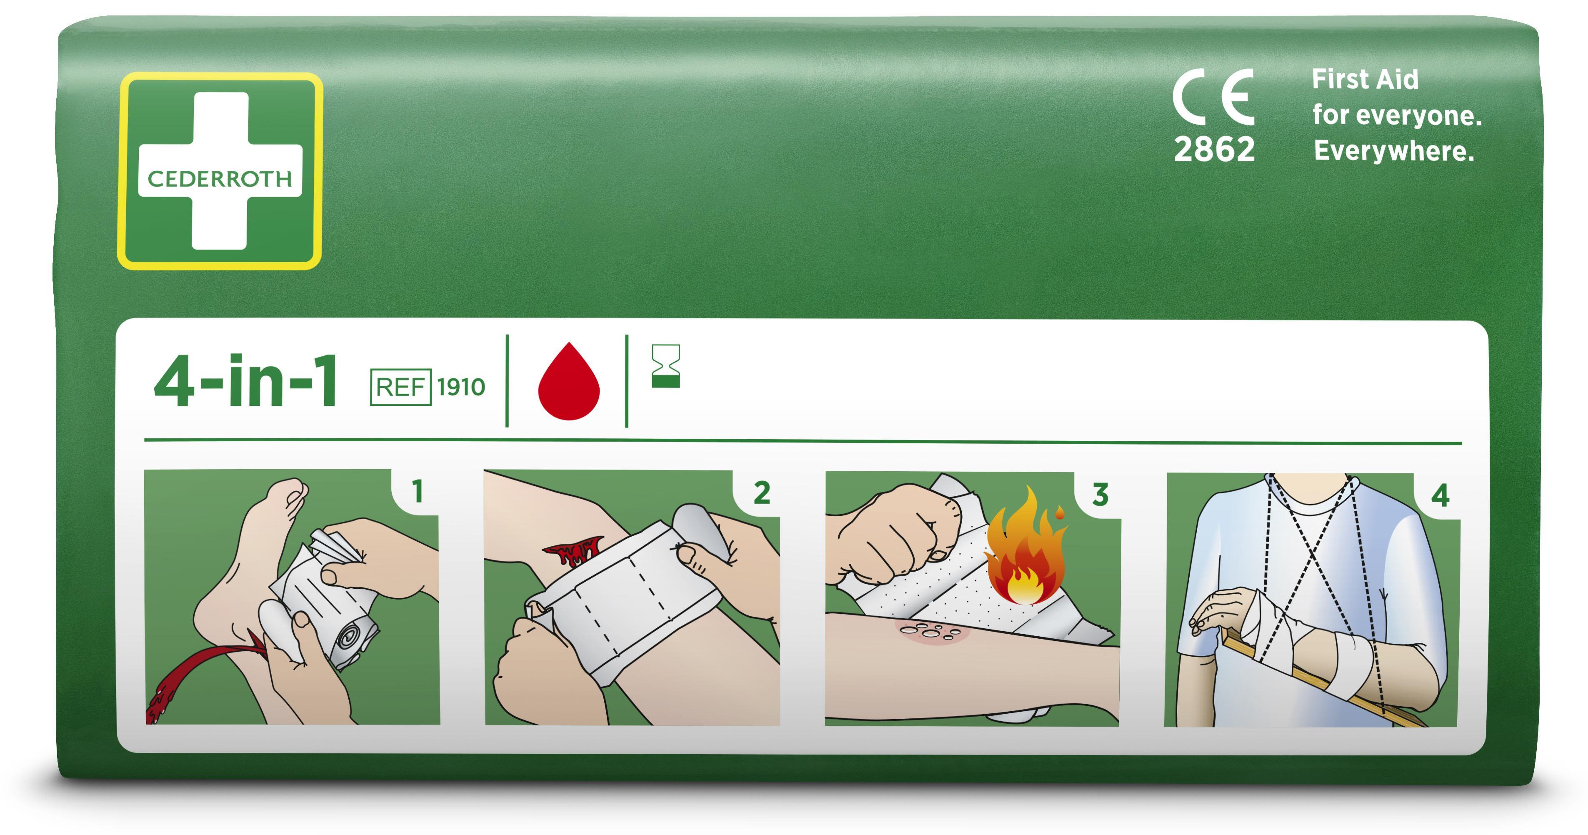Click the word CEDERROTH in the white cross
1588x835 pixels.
(220, 179)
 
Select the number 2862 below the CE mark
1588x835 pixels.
(1214, 149)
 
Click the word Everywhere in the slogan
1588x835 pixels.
(1394, 151)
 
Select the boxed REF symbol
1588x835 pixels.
(400, 387)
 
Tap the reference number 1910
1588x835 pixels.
(461, 387)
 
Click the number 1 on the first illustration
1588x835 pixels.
(418, 491)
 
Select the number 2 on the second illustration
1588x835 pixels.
(762, 492)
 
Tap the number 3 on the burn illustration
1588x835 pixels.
(1100, 494)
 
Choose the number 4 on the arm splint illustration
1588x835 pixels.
(1440, 495)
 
